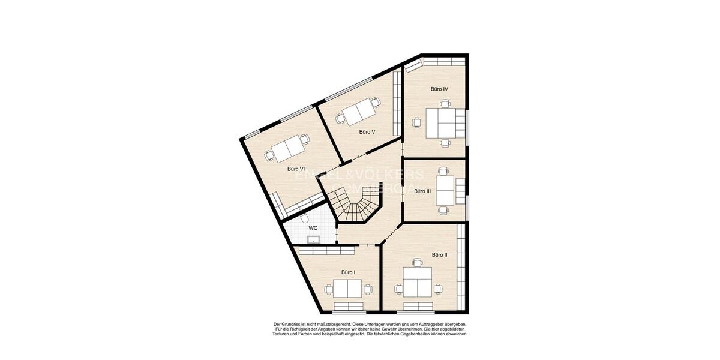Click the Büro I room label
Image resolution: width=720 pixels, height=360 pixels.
point(348,272)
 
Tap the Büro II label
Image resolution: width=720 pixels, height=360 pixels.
point(439,255)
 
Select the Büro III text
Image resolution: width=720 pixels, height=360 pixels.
point(422,191)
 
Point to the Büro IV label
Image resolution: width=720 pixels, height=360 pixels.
point(439,89)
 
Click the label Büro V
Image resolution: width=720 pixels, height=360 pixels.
point(367,131)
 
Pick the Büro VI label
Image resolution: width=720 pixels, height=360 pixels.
point(296,169)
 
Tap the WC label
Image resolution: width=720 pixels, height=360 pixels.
point(313,229)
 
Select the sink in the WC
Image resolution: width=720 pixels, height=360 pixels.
point(313,239)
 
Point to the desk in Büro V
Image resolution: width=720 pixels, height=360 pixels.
point(359,112)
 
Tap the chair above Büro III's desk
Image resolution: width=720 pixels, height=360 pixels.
point(443,171)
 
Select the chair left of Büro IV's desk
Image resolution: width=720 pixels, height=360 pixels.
point(416,122)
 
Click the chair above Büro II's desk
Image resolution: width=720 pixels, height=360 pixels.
point(416,262)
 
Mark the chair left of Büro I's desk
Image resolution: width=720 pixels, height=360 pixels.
point(328,289)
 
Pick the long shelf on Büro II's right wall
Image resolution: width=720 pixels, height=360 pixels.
point(461,264)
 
